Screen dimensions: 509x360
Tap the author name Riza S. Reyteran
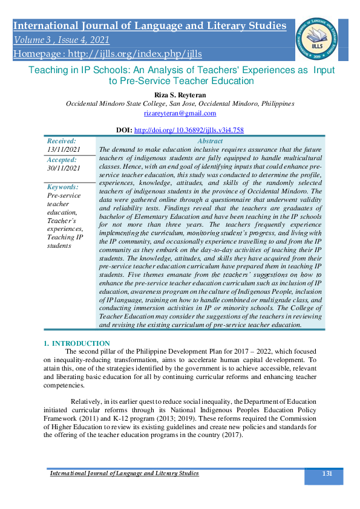click(180, 94)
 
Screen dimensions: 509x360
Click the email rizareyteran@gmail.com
click(180, 113)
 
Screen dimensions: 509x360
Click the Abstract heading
click(210, 141)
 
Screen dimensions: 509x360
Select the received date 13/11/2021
click(64, 149)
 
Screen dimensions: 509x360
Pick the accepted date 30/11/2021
click(64, 168)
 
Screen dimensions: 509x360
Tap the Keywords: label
click(62, 187)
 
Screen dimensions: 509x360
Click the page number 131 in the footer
click(327, 473)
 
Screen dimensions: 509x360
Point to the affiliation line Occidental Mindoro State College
click(180, 103)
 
